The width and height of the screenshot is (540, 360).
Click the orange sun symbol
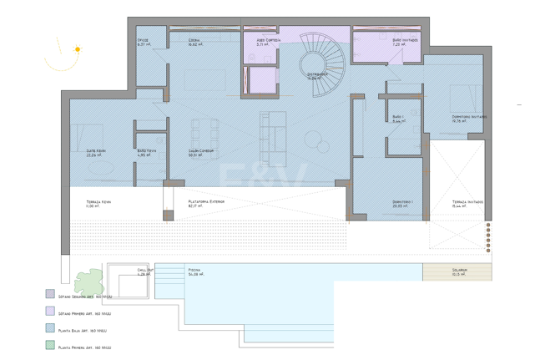coord(78,49)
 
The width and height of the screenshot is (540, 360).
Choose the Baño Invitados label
coord(405,41)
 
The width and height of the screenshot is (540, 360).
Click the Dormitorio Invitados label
coord(469,118)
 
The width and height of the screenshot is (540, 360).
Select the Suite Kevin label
coord(96,152)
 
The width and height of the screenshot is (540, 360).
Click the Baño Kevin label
coord(146,152)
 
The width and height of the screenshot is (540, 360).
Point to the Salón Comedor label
coord(200,152)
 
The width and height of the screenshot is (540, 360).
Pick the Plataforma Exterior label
coord(205,203)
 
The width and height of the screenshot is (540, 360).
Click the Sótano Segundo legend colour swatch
coord(50,295)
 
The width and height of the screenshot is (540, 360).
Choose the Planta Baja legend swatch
coord(50,329)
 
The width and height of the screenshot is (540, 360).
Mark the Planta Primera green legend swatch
coord(50,345)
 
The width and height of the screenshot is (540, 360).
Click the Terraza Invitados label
coord(468,203)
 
